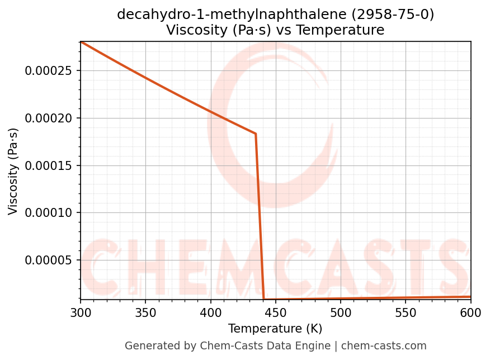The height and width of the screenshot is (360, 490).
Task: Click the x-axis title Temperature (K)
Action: (275, 329)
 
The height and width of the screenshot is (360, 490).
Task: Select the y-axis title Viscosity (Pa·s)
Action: (13, 171)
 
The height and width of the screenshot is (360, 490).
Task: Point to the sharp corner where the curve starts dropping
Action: (256, 134)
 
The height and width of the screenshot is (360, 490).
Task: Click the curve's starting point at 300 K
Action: (81, 42)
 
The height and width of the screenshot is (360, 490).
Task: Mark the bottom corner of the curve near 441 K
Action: (263, 299)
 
